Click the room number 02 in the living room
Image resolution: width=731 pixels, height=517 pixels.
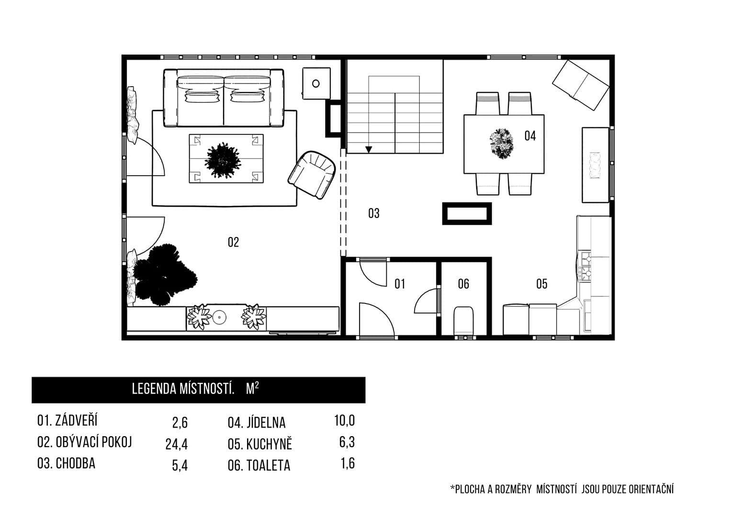coord(233,242)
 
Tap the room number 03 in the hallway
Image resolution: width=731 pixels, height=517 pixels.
coord(373,213)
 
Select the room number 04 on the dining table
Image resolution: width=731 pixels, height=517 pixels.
coord(529,136)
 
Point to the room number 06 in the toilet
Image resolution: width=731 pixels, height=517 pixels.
coord(463,284)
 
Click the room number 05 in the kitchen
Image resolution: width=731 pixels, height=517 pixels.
coord(541,284)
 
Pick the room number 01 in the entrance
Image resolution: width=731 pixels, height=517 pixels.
coord(400,284)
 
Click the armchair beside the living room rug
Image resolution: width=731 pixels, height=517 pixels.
coord(312,174)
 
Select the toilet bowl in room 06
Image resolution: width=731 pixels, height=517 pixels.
coord(463,320)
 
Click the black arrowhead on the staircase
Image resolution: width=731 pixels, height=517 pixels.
coord(368,149)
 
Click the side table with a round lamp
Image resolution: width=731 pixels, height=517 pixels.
coord(316,83)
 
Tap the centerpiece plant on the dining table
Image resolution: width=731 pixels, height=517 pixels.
coord(501,143)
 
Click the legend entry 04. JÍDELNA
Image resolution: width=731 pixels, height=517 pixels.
coord(257,423)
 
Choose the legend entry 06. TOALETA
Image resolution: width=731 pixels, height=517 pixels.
coord(259,465)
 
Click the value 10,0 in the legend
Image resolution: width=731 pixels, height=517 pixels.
coord(344,421)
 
